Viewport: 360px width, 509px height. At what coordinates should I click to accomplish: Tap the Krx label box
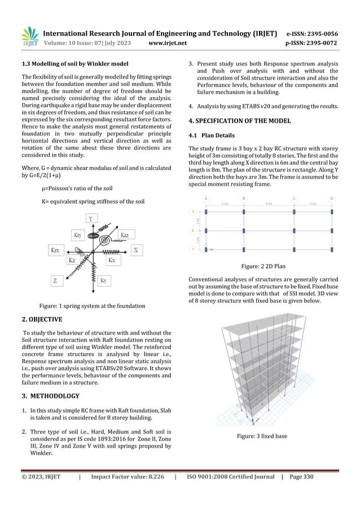[x=55, y=249]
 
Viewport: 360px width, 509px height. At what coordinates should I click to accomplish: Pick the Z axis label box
[x=55, y=280]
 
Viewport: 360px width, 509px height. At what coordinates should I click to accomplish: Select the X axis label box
[x=137, y=249]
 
